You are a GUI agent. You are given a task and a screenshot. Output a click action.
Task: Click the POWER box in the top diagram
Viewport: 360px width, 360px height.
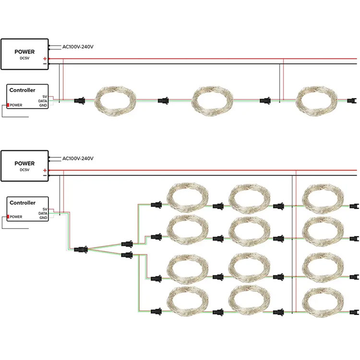(24, 54)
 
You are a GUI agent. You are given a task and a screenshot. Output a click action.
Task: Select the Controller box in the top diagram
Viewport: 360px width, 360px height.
(28, 96)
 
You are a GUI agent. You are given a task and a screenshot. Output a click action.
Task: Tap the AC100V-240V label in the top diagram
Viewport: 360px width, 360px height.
(78, 47)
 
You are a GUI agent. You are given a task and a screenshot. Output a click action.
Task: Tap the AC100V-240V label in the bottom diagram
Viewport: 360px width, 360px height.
(78, 158)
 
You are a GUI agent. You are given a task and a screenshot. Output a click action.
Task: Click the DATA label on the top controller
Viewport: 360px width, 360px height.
(43, 101)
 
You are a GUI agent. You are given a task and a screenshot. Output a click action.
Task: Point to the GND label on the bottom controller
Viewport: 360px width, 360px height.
(43, 218)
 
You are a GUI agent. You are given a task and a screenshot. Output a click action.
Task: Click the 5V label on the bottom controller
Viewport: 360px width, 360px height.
(45, 209)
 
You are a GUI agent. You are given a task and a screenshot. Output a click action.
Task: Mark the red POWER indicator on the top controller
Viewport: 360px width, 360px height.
(8, 105)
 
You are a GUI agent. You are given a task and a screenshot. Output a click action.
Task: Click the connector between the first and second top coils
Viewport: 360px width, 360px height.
(164, 101)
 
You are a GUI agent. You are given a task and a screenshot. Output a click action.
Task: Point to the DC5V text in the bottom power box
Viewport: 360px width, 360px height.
(24, 170)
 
